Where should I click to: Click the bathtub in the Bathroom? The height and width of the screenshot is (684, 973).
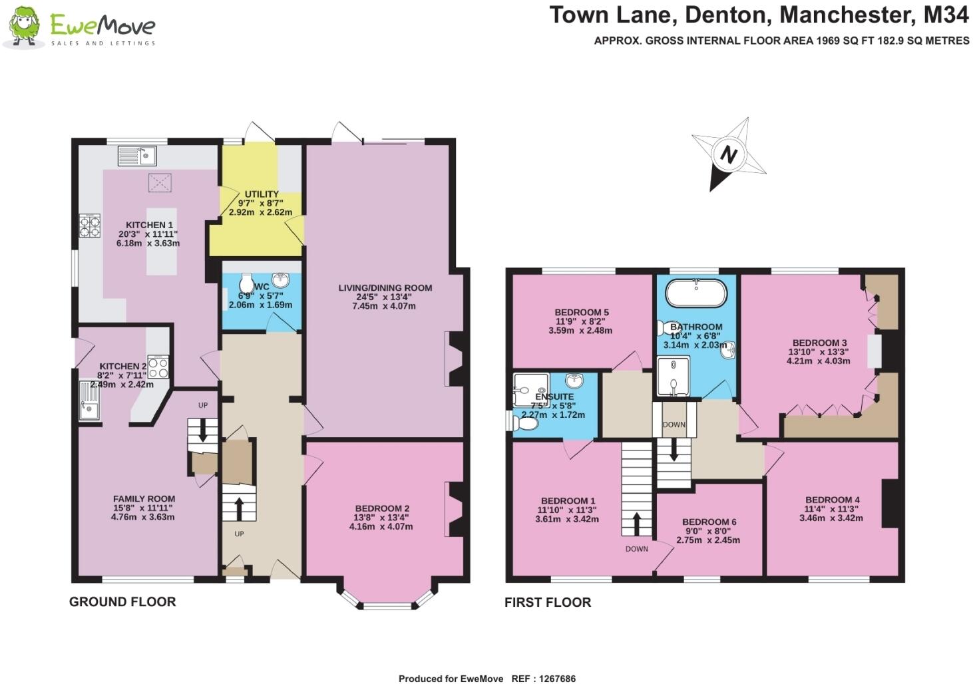pos(695,292)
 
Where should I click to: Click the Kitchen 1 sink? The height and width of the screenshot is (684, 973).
pos(136,156)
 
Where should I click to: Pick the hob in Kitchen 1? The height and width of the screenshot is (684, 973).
pos(90,226)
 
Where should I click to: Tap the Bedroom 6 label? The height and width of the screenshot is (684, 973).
pos(709,522)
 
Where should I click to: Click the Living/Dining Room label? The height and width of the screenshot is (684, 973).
pos(385,288)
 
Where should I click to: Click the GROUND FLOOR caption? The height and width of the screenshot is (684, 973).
pos(122,602)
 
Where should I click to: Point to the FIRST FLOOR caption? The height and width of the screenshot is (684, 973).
pos(548,603)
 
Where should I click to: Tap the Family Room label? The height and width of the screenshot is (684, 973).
pos(144,499)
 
